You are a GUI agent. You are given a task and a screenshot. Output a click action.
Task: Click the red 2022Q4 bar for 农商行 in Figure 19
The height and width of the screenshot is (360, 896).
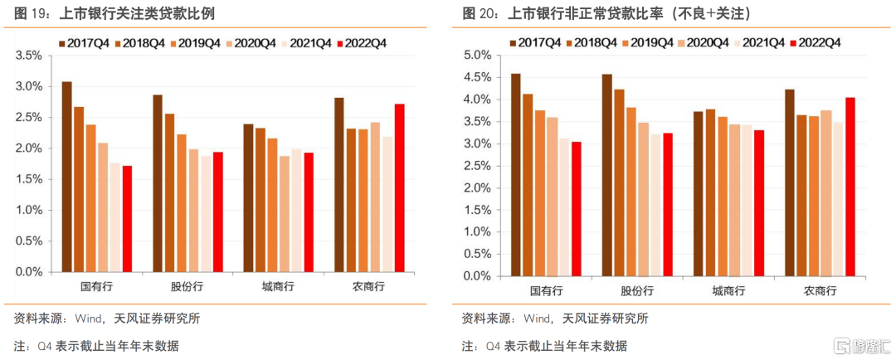[x=400, y=188]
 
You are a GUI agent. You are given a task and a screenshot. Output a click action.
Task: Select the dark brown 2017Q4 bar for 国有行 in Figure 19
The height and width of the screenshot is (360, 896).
[x=67, y=178]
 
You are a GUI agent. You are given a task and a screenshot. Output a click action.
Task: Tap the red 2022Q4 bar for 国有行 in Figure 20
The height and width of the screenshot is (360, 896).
[x=575, y=208]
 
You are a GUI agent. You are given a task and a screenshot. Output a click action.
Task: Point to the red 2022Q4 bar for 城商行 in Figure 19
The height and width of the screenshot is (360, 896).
[x=309, y=212]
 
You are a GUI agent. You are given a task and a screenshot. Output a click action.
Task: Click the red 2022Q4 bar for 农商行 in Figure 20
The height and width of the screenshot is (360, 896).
[x=850, y=187]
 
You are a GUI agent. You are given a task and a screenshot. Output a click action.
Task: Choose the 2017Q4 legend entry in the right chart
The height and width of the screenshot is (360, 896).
[x=535, y=42]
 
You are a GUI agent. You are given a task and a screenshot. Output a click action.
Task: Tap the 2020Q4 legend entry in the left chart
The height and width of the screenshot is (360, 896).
[x=251, y=43]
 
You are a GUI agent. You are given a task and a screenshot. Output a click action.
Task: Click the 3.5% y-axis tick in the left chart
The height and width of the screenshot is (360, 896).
[x=29, y=56]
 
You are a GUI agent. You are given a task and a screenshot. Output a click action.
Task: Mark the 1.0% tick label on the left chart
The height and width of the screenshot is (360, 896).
[x=29, y=211]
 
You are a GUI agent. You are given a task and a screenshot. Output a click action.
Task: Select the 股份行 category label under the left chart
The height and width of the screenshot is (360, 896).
[x=187, y=286]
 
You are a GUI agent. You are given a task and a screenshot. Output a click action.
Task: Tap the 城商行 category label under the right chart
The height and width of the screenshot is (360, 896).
[x=728, y=291]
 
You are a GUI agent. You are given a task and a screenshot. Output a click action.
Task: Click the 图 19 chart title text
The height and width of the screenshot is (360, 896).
[x=114, y=14]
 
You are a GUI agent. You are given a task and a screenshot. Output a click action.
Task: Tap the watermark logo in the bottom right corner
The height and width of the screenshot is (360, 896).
[x=862, y=345]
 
